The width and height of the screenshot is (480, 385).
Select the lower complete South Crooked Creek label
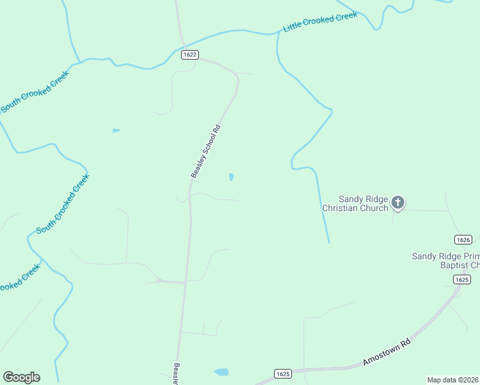[x=62, y=204]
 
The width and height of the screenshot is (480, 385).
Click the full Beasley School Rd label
[x=205, y=151]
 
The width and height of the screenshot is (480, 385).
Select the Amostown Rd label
[x=386, y=352]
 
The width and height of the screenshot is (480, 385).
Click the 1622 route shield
[x=189, y=55]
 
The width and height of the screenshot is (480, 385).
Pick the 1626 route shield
[x=463, y=239]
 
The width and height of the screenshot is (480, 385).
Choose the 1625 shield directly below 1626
[x=461, y=279]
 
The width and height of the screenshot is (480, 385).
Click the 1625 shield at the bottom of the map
[x=283, y=373]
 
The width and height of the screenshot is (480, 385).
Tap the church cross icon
[x=398, y=203]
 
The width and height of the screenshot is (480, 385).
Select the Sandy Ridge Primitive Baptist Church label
[x=445, y=261]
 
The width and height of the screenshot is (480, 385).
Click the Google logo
[x=21, y=377]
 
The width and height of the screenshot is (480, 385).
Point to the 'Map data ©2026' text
[x=452, y=380]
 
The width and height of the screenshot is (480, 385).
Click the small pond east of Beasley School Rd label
[x=231, y=177]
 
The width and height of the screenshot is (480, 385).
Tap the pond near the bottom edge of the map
[x=221, y=372]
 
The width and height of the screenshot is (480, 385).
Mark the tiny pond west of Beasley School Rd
[x=116, y=130]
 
